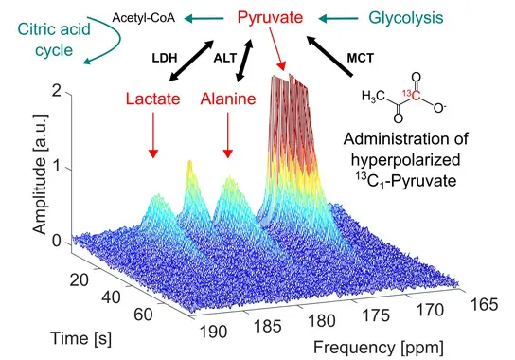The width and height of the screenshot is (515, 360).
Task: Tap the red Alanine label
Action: coord(228,99)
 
